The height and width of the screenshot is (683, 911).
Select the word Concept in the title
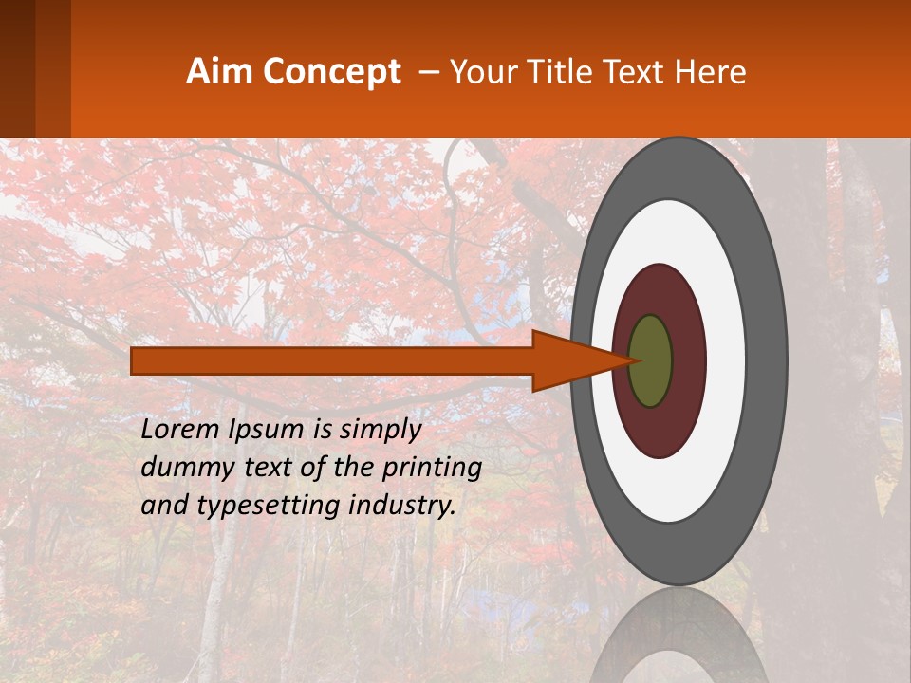(332, 73)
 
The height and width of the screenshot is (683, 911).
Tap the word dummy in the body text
(182, 468)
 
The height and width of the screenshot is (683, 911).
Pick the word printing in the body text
(432, 469)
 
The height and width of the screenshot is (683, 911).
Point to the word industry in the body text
(401, 506)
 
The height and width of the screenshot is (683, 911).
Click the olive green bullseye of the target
(651, 361)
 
